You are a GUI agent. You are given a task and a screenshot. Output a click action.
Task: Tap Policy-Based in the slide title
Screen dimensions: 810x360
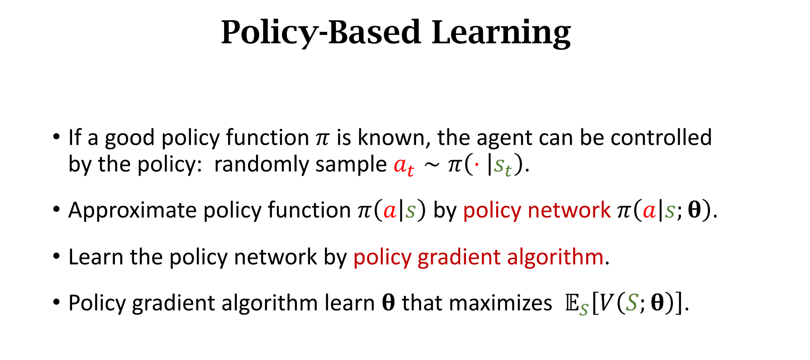coord(321,34)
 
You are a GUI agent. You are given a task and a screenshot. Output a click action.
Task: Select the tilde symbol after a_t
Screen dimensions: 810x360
coord(432,165)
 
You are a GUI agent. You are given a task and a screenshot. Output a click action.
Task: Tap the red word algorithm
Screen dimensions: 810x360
coord(555,257)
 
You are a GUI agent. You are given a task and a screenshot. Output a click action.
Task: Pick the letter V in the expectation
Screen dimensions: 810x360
coord(607,304)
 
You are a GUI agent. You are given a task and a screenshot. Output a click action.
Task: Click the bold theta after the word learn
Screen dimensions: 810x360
coord(388,303)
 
